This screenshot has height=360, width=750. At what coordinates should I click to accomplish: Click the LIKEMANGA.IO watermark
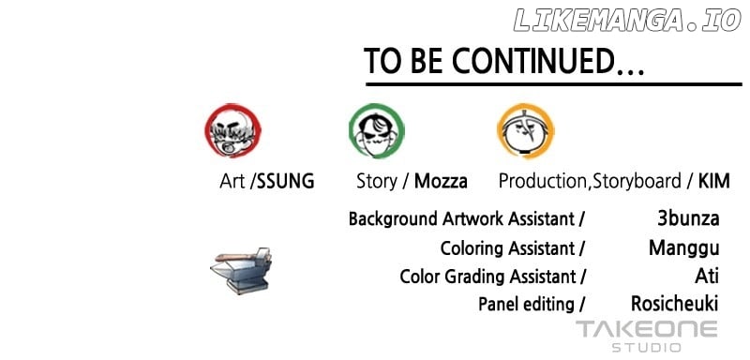(627, 21)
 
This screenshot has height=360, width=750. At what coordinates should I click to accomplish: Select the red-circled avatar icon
(232, 130)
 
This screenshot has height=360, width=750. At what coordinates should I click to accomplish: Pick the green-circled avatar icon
(377, 131)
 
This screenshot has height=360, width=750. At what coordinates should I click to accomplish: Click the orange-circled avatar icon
(525, 131)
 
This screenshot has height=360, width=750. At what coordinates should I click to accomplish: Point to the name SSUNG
(286, 182)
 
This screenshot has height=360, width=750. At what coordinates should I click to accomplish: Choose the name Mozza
(441, 182)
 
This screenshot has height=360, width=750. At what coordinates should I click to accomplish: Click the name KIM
(714, 182)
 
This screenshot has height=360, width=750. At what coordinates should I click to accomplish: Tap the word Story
(377, 182)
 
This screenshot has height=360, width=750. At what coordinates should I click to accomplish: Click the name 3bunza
(688, 219)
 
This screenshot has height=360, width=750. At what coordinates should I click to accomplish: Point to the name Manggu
(684, 249)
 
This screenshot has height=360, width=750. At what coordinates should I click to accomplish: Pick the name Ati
(707, 277)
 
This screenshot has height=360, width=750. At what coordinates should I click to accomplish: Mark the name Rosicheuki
(675, 304)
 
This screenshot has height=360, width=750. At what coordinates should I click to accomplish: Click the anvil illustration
(241, 270)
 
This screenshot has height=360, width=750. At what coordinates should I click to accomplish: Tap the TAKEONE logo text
(647, 330)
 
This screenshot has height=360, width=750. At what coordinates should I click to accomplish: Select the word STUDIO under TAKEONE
(647, 348)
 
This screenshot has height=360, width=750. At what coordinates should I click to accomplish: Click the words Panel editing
(526, 305)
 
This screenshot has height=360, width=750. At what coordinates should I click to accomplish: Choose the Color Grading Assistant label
(487, 277)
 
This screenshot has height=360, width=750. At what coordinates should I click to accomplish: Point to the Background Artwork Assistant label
(461, 219)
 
